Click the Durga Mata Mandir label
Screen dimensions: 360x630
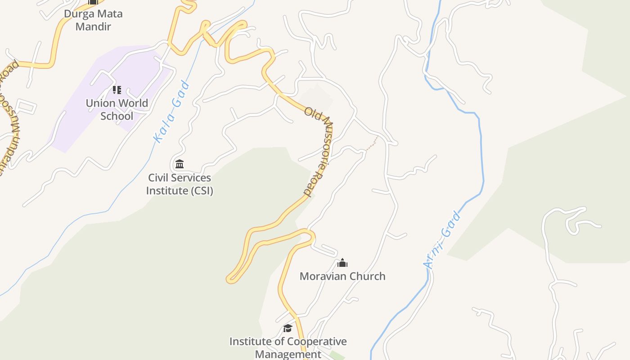pyautogui.click(x=93, y=20)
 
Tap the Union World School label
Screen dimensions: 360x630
pyautogui.click(x=117, y=109)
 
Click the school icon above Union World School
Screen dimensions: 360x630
pyautogui.click(x=117, y=90)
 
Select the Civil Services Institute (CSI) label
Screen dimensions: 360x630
pyautogui.click(x=180, y=184)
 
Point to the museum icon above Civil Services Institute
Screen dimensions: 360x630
pyautogui.click(x=180, y=164)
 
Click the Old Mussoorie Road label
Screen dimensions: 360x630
pyautogui.click(x=319, y=151)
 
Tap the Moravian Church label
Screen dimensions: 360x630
pyautogui.click(x=342, y=276)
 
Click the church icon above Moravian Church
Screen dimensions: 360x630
pyautogui.click(x=342, y=263)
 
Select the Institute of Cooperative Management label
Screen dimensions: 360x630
pyautogui.click(x=288, y=347)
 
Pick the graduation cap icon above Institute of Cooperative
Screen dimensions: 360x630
pyautogui.click(x=288, y=328)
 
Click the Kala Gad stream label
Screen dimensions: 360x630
pyautogui.click(x=171, y=112)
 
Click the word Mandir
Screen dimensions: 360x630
pyautogui.click(x=93, y=26)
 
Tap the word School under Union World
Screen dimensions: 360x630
pyautogui.click(x=117, y=116)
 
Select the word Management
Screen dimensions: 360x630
pyautogui.click(x=288, y=354)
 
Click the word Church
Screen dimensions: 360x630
pyautogui.click(x=365, y=276)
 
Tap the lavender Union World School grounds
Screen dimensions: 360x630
pyautogui.click(x=76, y=130)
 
